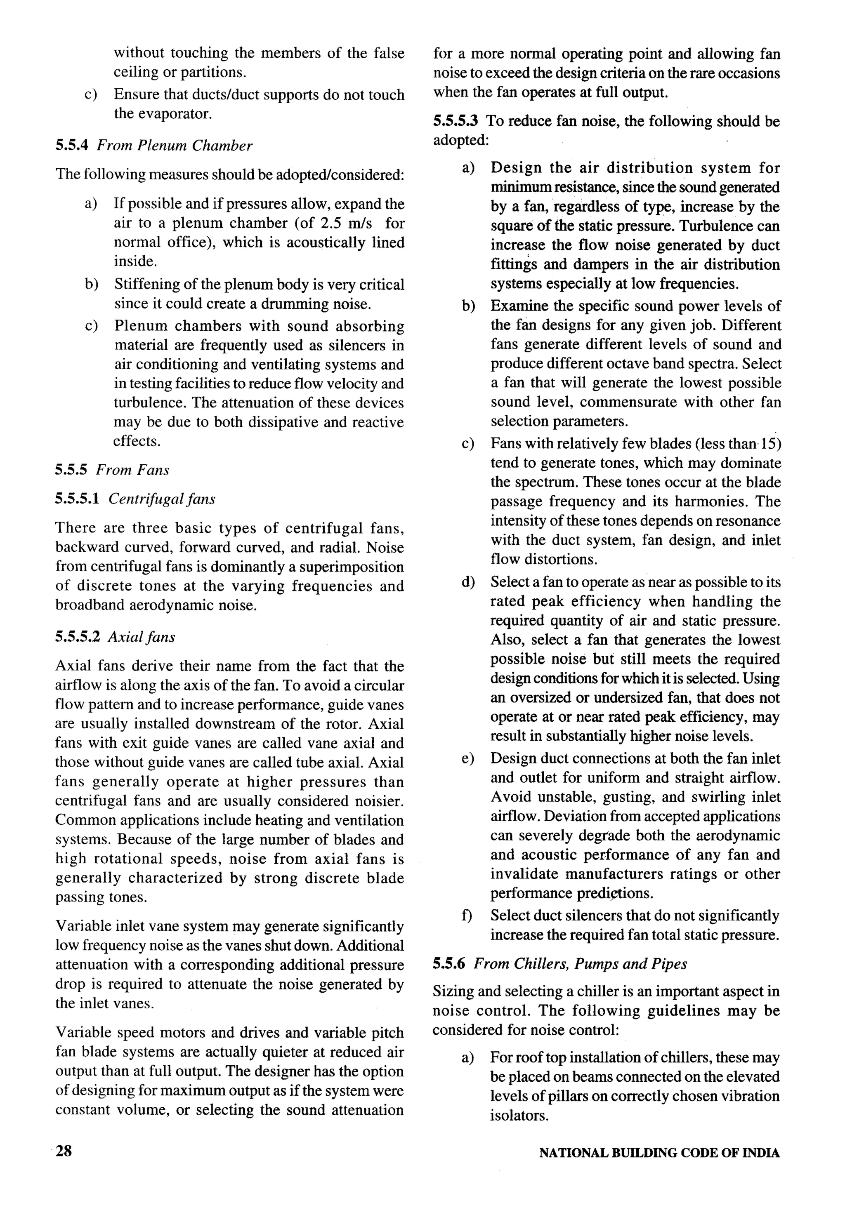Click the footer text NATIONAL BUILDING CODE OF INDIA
[659, 1153]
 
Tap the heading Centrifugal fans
[161, 499]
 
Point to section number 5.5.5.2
[78, 637]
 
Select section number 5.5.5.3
[456, 121]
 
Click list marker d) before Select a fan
[467, 582]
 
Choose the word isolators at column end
[519, 1115]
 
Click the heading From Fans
[132, 470]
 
